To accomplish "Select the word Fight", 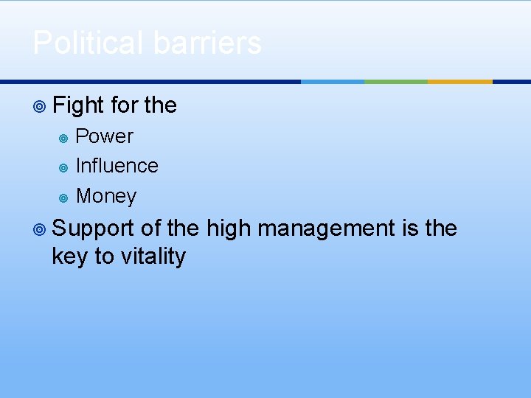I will (x=78, y=106).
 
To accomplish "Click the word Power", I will (x=105, y=136).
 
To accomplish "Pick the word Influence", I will (x=117, y=166).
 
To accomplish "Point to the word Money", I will (x=106, y=196).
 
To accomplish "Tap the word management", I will (x=326, y=229).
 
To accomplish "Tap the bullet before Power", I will (x=63, y=138).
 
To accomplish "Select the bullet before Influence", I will (x=63, y=167).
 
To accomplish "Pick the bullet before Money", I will (x=63, y=198).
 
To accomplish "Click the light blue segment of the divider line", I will (x=333, y=81).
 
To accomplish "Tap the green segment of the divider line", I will (x=396, y=81).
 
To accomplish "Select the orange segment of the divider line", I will (x=459, y=81).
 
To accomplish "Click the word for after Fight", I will (x=124, y=106).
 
